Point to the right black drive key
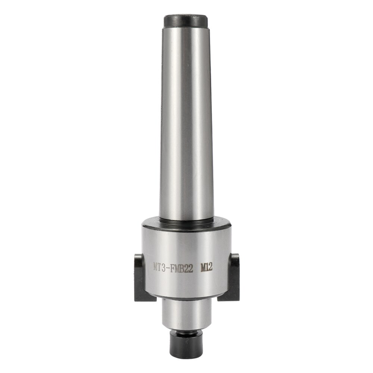point(234,276)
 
